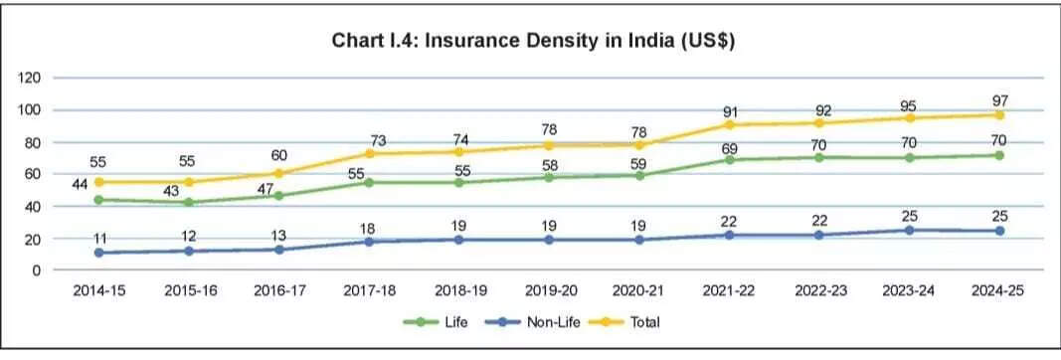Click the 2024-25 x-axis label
click(x=997, y=289)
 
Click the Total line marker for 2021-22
click(x=730, y=124)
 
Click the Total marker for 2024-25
click(x=998, y=114)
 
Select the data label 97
click(x=998, y=100)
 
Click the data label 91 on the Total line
click(x=730, y=111)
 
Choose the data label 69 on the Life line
click(x=730, y=146)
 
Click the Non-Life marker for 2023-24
click(x=909, y=230)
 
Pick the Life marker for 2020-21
click(x=640, y=175)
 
